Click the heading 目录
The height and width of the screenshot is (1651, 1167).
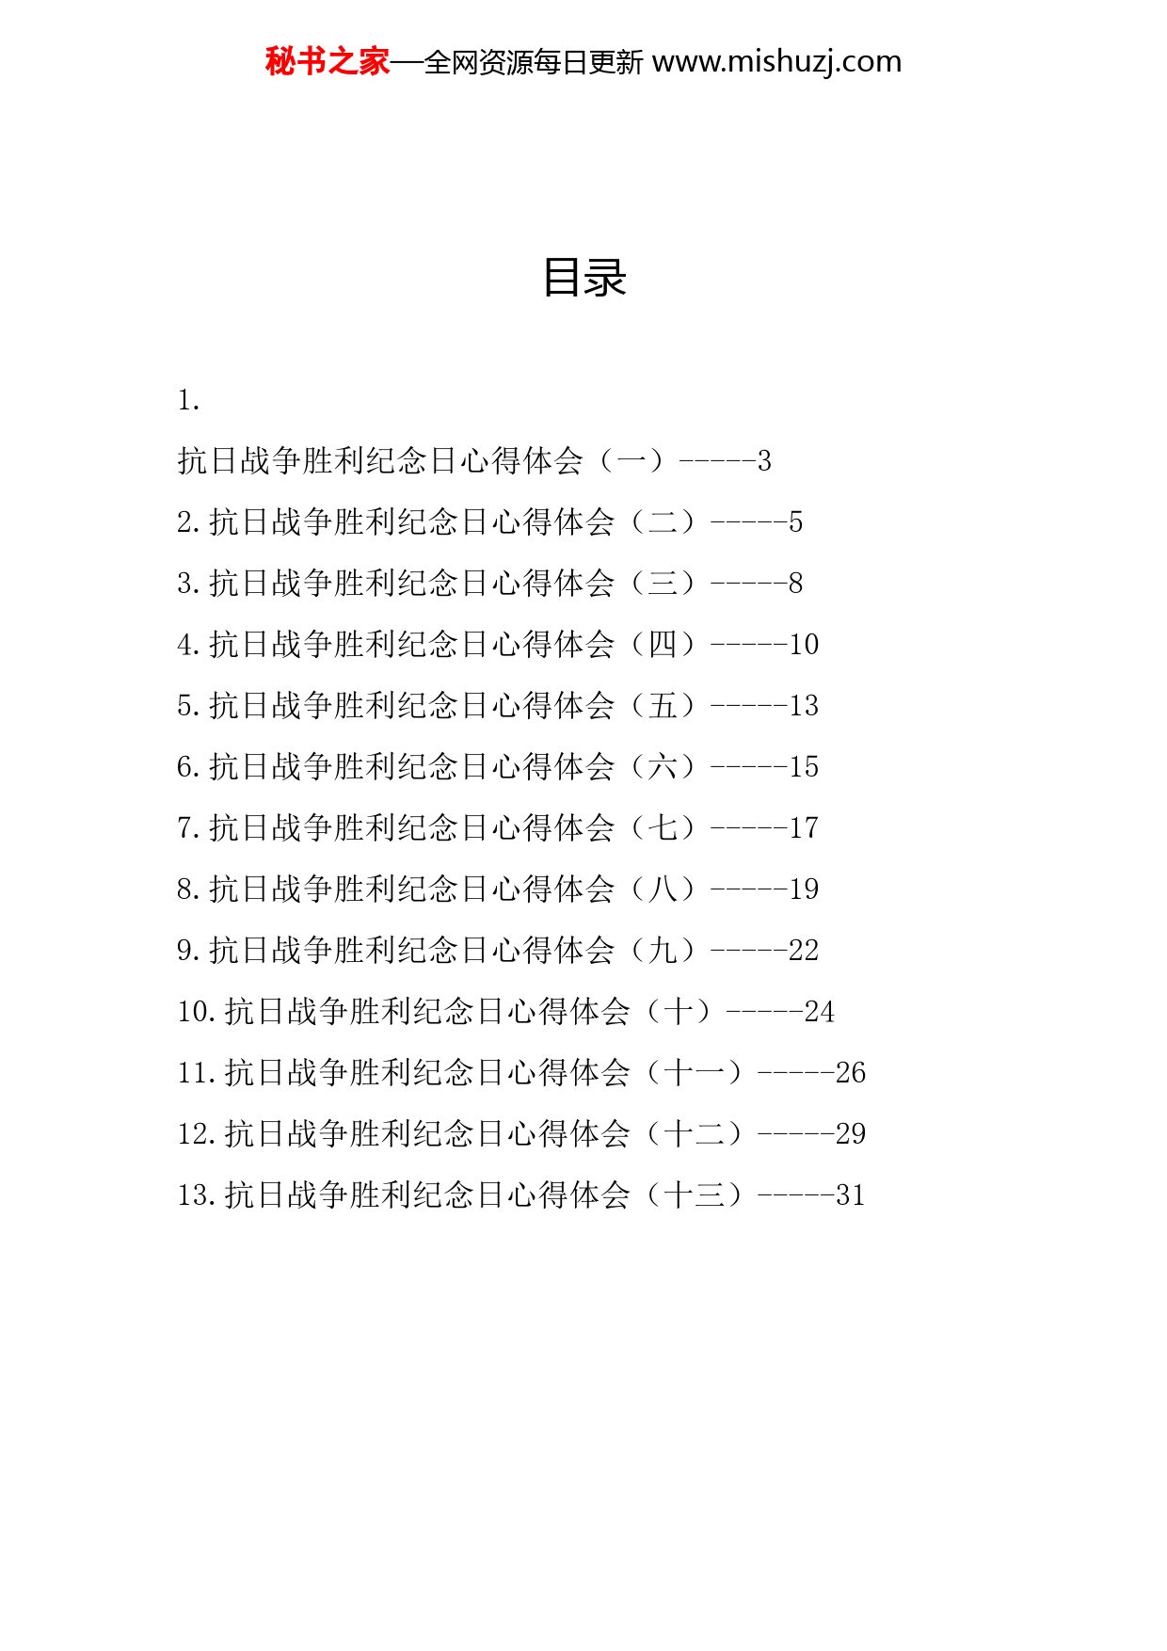584,278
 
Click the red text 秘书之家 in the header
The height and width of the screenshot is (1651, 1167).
328,61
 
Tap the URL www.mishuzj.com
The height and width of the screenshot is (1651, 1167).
776,61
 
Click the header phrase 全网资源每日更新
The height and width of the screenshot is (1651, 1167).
534,62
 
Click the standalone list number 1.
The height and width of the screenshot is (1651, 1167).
188,400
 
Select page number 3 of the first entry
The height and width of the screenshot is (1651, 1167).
764,461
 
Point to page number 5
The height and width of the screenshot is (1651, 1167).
795,522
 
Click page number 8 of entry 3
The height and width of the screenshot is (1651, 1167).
795,584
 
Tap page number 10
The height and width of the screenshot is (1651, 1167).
804,645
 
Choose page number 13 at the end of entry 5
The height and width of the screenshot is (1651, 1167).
804,706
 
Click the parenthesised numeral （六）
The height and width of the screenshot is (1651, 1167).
663,766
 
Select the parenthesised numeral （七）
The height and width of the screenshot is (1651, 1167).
663,827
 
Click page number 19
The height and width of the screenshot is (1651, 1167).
804,890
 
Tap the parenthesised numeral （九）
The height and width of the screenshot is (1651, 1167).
663,950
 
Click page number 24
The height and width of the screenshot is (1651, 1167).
819,1012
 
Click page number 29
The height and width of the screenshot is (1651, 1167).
850,1134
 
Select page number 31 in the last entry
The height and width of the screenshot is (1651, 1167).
850,1195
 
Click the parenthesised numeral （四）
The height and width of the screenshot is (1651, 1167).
663,644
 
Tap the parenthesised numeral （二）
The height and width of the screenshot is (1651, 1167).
663,521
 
